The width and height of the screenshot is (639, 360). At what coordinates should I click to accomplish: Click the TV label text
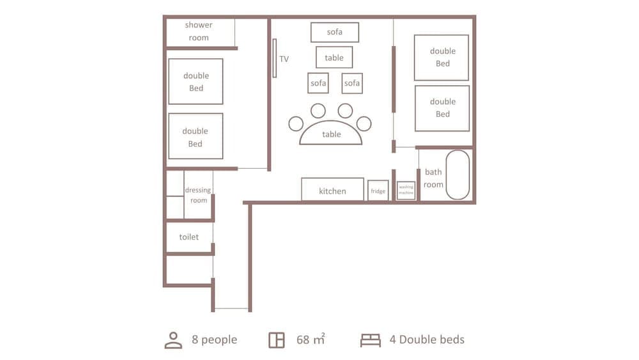(x=284, y=59)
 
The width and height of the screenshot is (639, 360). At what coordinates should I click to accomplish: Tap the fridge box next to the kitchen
(x=378, y=191)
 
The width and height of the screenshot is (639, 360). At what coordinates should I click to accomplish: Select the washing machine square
(x=406, y=191)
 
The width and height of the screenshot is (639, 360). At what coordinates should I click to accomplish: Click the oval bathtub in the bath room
(x=458, y=175)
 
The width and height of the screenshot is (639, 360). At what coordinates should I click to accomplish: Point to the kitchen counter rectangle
(x=332, y=190)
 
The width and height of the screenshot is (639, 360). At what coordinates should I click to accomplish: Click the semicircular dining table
(x=331, y=133)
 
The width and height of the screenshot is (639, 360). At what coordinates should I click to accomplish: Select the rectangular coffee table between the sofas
(x=334, y=58)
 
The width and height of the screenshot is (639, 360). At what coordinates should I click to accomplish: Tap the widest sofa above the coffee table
(x=334, y=32)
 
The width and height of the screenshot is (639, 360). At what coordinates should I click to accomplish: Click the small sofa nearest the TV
(x=318, y=83)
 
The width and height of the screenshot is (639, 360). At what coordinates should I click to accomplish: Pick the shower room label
(x=199, y=31)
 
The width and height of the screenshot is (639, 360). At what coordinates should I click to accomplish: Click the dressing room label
(x=198, y=195)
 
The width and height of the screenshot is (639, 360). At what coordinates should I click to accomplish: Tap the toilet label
(x=189, y=237)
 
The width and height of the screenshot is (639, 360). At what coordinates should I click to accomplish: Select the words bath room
(x=433, y=178)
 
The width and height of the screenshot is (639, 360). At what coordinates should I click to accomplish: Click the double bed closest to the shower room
(x=196, y=81)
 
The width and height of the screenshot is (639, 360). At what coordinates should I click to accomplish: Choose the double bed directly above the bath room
(x=442, y=108)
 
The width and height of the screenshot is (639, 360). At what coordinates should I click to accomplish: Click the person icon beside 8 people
(x=173, y=340)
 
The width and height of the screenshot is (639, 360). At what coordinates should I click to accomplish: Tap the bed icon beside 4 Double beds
(x=370, y=340)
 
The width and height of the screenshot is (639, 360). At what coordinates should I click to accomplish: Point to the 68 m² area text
(x=311, y=340)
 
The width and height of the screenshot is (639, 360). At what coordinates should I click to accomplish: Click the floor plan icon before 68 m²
(x=277, y=340)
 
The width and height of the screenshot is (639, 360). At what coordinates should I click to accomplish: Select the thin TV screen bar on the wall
(x=275, y=58)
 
